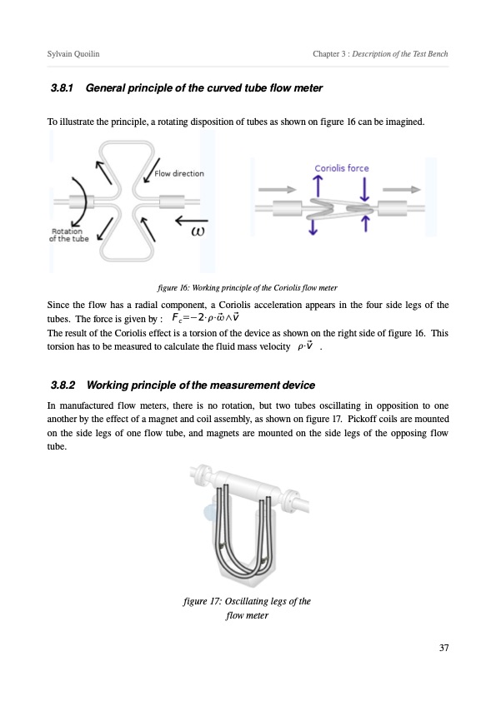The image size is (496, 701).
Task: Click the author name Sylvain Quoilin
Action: [73, 54]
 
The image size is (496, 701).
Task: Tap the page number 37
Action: [443, 648]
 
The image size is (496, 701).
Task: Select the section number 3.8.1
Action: [62, 88]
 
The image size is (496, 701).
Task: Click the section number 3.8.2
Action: [63, 385]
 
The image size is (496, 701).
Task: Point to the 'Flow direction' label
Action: [179, 173]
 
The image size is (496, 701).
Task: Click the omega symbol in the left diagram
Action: [198, 231]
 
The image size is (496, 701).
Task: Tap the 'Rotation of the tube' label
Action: [68, 235]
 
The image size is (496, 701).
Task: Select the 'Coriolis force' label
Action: [342, 168]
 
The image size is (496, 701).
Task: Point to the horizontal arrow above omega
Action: [192, 220]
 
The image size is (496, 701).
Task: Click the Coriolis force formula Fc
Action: [206, 318]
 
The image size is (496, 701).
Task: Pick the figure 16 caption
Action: [248, 287]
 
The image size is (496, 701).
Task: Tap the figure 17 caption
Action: [247, 608]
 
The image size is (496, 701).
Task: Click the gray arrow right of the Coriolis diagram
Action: [402, 190]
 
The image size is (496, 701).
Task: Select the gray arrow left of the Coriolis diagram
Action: [277, 190]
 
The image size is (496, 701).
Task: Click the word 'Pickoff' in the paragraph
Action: [363, 420]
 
